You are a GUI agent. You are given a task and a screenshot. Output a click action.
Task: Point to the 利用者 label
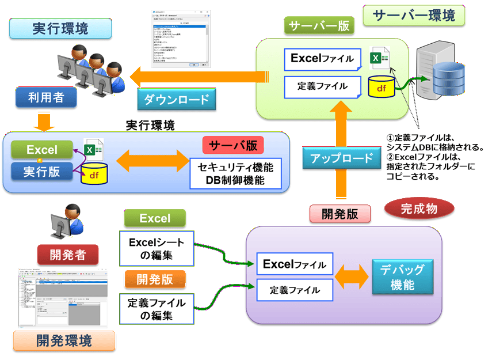tap(47, 97)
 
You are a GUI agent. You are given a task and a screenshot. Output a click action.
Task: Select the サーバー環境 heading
tap(414, 16)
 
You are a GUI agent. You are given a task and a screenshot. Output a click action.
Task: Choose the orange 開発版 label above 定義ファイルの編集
tap(155, 279)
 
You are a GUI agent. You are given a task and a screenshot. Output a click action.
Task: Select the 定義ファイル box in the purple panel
tap(295, 290)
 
